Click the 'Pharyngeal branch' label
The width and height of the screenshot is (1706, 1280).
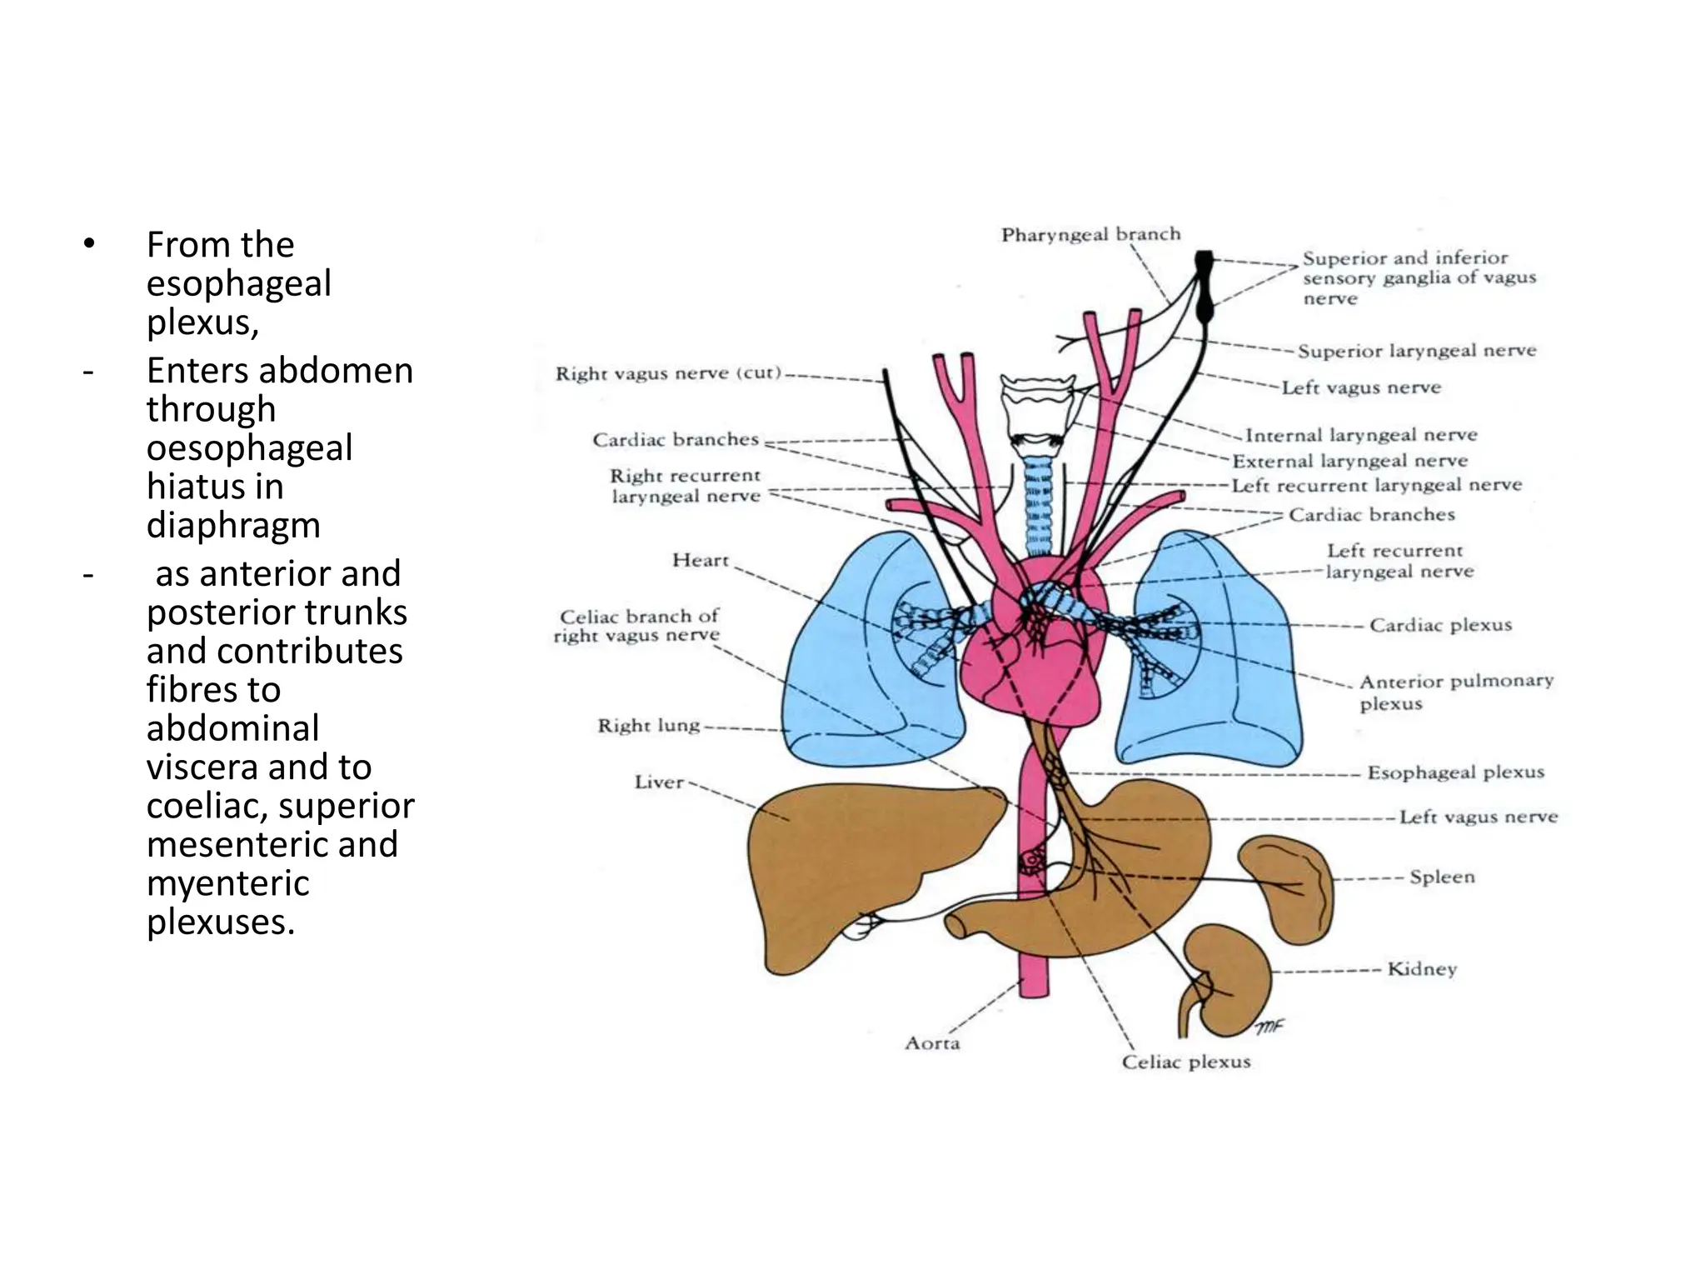coord(1090,235)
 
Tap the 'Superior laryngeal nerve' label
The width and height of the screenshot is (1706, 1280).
coord(1416,351)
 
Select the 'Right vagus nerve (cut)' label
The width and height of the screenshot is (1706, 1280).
coord(669,373)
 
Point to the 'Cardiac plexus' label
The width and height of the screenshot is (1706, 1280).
coord(1440,625)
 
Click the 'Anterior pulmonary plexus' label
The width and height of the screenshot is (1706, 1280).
coord(1456,692)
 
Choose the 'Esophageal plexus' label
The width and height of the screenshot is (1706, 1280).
coord(1455,772)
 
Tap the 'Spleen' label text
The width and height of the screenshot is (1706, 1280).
coord(1442,877)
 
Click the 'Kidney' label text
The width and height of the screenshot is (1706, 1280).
coord(1422,969)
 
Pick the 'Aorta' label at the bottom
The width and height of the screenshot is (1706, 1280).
coord(932,1043)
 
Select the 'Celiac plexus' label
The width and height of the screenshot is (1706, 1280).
coord(1186,1062)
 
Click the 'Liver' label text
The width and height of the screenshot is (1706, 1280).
coord(659,782)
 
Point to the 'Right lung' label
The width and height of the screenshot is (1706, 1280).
coord(648,726)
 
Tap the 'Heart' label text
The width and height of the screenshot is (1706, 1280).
coord(700,560)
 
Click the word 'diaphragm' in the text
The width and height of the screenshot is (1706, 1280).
coord(233,526)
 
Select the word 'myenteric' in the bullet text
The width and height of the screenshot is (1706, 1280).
coord(227,883)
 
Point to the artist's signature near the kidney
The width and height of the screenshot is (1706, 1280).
coord(1269,1027)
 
